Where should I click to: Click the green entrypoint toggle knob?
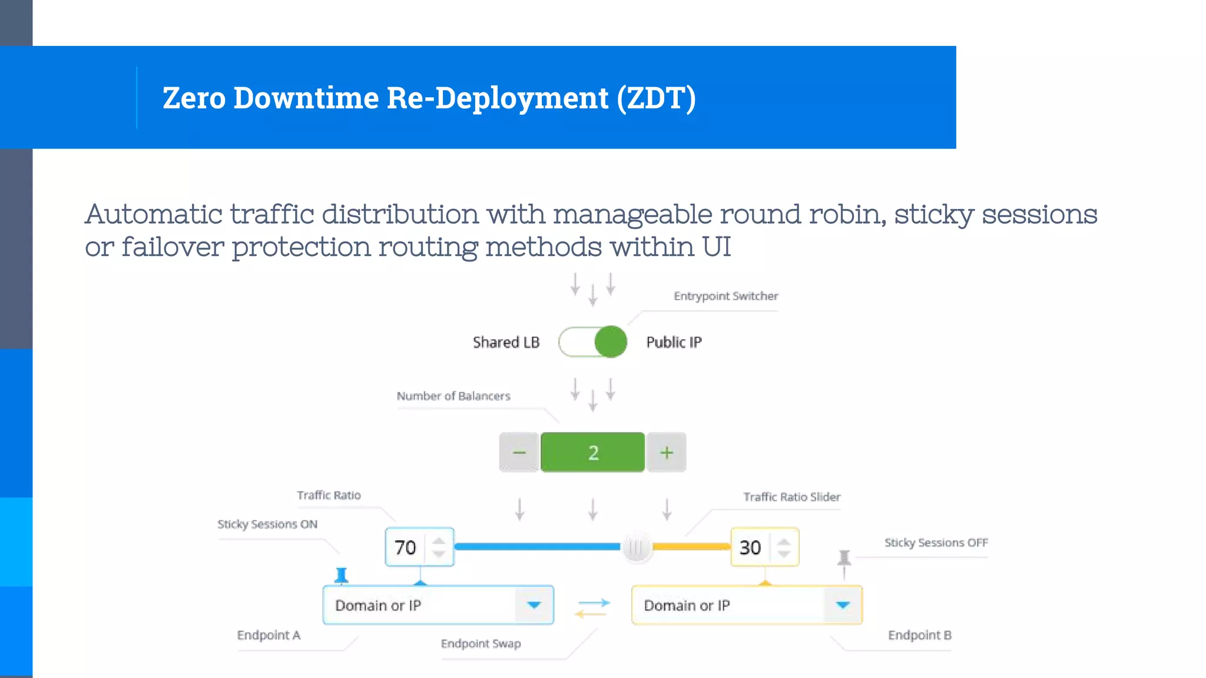click(610, 342)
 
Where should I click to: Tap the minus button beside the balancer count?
click(519, 453)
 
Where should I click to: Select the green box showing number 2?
click(592, 453)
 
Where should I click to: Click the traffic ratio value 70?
click(405, 547)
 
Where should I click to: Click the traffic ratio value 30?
click(750, 547)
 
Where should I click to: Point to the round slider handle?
click(636, 547)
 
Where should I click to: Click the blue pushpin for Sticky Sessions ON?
click(342, 574)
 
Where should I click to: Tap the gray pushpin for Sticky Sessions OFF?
click(844, 557)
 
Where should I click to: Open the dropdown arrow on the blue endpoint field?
click(534, 605)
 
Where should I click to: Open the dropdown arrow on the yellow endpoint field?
click(843, 605)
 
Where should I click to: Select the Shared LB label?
click(506, 343)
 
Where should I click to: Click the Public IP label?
click(674, 343)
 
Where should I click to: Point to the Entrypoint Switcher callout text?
click(725, 296)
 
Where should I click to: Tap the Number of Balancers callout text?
click(453, 396)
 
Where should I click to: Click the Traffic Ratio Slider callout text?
click(791, 497)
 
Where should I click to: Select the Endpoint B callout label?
click(919, 635)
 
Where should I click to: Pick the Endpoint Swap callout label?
click(481, 644)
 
